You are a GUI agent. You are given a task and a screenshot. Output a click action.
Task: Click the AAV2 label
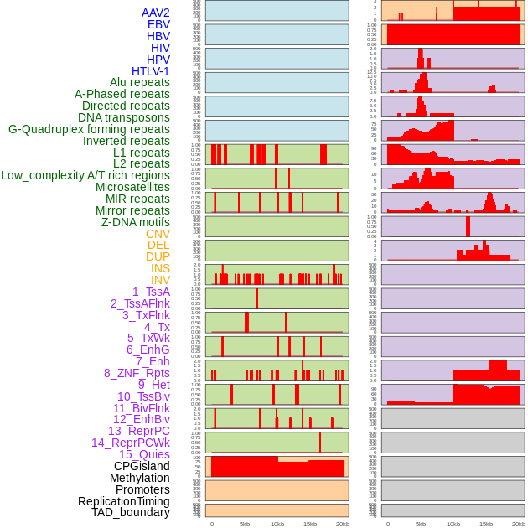(x=155, y=13)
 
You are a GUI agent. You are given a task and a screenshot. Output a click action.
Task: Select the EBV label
(x=158, y=24)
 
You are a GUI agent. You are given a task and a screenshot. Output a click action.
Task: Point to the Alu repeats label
(x=140, y=82)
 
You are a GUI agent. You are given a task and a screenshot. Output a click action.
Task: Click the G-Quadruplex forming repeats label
(x=89, y=129)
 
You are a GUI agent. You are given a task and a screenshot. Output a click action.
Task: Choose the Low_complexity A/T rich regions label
(x=85, y=175)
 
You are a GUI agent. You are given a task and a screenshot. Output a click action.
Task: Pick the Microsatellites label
(x=132, y=187)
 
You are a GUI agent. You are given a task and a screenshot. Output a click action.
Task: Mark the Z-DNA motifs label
(x=136, y=222)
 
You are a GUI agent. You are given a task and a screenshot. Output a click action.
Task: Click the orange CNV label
(x=158, y=234)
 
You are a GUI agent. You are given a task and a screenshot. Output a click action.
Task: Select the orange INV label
(x=160, y=280)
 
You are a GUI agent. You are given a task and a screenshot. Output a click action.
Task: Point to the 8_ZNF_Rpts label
(x=137, y=373)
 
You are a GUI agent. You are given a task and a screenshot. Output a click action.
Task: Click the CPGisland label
(x=142, y=466)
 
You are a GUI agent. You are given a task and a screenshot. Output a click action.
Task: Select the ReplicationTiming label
(x=123, y=501)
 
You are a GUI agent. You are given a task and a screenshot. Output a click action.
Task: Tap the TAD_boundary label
(x=131, y=512)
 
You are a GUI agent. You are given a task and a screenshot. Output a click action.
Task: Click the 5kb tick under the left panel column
(x=245, y=524)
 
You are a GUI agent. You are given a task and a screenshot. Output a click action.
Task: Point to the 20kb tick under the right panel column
(x=519, y=524)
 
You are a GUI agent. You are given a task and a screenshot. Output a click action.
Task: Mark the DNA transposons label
(x=124, y=117)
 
